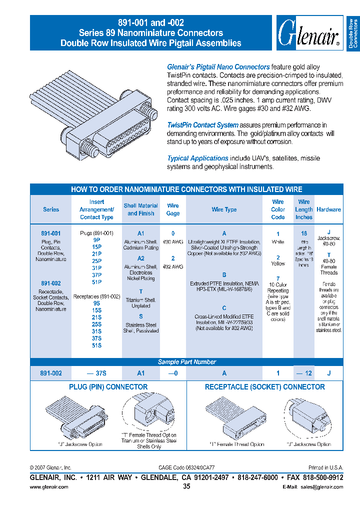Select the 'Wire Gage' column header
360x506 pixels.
coord(173,209)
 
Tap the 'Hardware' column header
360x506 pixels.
coord(328,209)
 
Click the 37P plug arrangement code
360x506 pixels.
coord(96,274)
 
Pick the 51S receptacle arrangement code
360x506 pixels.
coord(96,345)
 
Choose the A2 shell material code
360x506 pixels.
coord(141,258)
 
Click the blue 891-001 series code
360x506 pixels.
coord(51,233)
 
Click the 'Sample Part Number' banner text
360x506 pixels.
coord(187,362)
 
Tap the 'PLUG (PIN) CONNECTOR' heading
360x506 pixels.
coord(108,387)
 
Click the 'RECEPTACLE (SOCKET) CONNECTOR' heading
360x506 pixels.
coord(265,387)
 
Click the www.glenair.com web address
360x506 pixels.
coord(49,487)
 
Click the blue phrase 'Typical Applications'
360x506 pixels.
coord(197,158)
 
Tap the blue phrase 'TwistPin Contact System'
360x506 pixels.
coord(202,125)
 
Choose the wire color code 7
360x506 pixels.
coord(278,278)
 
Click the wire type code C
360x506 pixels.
coord(224,308)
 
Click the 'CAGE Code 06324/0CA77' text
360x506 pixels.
coord(186,467)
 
